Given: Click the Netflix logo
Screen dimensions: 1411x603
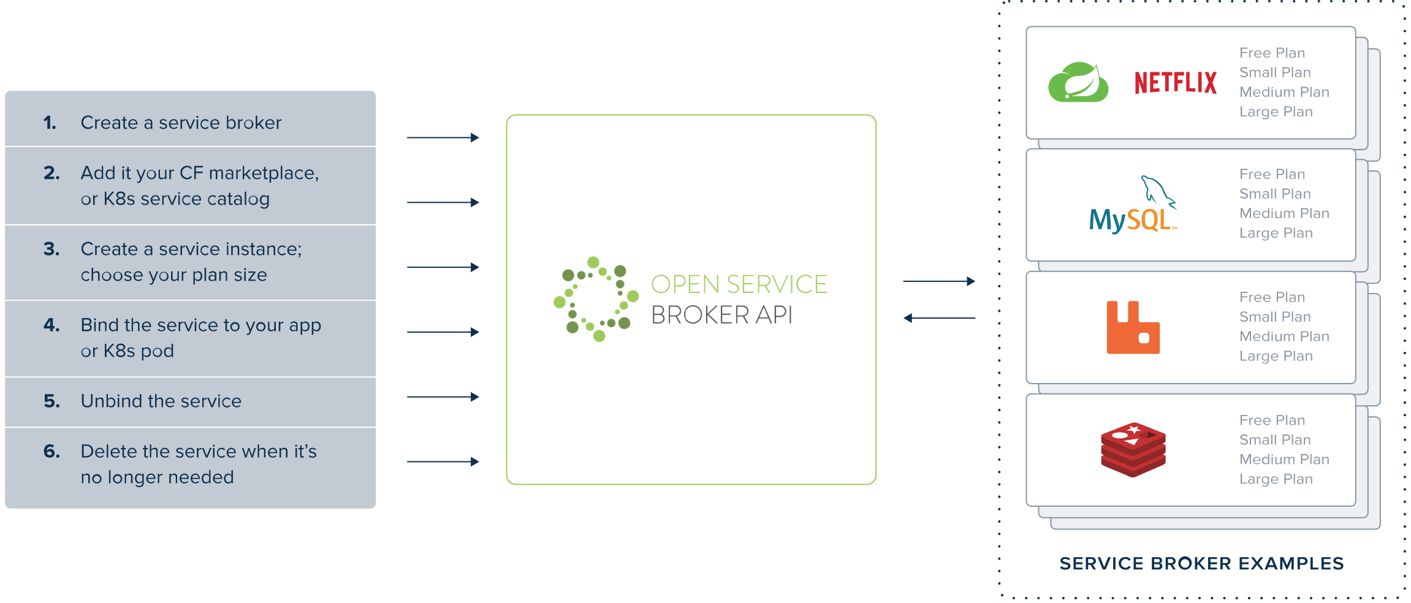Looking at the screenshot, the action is pyautogui.click(x=1175, y=83).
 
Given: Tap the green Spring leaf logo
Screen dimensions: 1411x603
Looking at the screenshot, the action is pyautogui.click(x=1078, y=82).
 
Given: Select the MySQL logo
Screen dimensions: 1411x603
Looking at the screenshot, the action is pyautogui.click(x=1133, y=204).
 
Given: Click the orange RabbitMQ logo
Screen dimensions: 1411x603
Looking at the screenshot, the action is pyautogui.click(x=1133, y=327).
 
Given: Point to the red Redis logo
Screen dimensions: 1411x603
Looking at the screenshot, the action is pyautogui.click(x=1133, y=450).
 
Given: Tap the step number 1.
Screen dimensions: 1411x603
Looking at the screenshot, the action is pyautogui.click(x=50, y=123).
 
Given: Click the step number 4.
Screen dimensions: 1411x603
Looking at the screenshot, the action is pyautogui.click(x=51, y=325).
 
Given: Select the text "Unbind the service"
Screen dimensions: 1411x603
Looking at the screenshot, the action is pyautogui.click(x=161, y=401).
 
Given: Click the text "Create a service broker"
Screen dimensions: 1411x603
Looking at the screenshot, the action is pyautogui.click(x=181, y=123).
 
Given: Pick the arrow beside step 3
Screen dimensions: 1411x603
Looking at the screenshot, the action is pyautogui.click(x=443, y=267).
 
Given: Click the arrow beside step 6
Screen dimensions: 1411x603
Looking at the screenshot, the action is pyautogui.click(x=443, y=461).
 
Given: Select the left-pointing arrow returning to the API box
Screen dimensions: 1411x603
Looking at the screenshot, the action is pyautogui.click(x=939, y=318).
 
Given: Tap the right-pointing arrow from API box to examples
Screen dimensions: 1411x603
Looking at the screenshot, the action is pyautogui.click(x=939, y=281).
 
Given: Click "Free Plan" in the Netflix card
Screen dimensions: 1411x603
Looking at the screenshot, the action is pyautogui.click(x=1272, y=53).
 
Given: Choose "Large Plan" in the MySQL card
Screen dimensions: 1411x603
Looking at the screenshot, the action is pyautogui.click(x=1276, y=233).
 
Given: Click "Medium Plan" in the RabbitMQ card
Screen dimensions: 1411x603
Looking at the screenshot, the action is pyautogui.click(x=1284, y=336).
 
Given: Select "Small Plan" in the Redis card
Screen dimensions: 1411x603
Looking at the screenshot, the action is pyautogui.click(x=1275, y=440).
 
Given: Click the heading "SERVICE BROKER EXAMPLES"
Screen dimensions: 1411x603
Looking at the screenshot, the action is pyautogui.click(x=1201, y=563).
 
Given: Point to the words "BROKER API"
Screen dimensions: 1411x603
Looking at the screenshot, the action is pyautogui.click(x=721, y=315).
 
